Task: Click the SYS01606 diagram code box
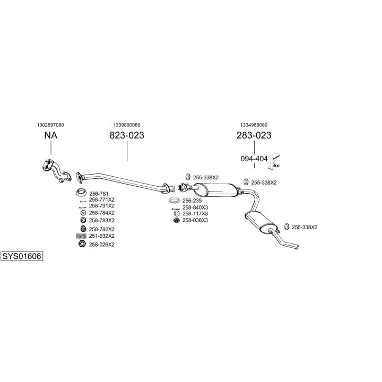[22, 256]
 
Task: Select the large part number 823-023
[127, 135]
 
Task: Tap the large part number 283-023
[254, 135]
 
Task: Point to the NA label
[51, 135]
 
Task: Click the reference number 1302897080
[51, 125]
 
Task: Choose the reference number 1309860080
[127, 125]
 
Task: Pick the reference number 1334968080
[254, 125]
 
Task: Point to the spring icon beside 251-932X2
[82, 236]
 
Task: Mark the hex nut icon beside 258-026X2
[82, 244]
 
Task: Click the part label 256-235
[192, 201]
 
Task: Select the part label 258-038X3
[195, 220]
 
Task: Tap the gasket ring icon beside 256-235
[174, 201]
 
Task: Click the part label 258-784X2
[102, 212]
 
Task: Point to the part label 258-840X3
[195, 207]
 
